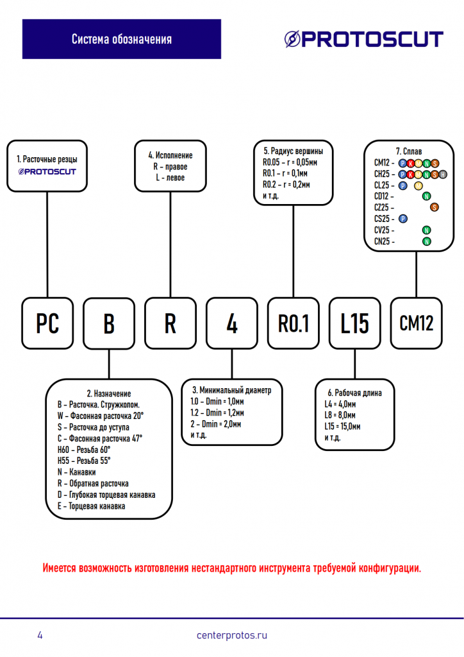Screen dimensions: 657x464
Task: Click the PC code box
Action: (x=47, y=323)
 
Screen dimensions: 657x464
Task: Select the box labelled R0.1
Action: (x=294, y=323)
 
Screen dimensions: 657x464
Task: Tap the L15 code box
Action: (x=355, y=323)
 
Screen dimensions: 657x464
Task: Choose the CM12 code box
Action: (x=417, y=323)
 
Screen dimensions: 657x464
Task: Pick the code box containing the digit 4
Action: (x=232, y=323)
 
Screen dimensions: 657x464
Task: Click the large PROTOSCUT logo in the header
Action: (x=363, y=39)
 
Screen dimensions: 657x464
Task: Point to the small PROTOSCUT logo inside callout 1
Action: (x=47, y=171)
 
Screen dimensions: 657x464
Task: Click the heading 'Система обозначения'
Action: (x=122, y=39)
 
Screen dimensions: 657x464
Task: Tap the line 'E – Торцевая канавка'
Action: (x=91, y=506)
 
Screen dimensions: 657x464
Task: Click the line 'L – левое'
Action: (x=170, y=178)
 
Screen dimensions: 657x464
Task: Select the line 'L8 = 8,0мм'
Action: (x=340, y=415)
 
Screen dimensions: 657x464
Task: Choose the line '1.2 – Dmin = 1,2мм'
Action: (x=217, y=413)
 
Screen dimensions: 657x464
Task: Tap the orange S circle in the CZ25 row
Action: (x=435, y=207)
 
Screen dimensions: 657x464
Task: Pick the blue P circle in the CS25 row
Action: (x=402, y=219)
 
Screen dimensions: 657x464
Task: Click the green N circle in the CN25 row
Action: (x=427, y=241)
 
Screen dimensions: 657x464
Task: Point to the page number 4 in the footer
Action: (x=40, y=635)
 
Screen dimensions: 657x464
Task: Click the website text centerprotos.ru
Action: (x=232, y=635)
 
